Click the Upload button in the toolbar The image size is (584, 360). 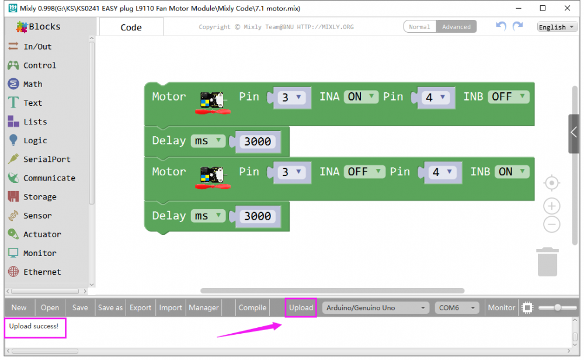pos(301,308)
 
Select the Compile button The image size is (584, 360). pos(252,308)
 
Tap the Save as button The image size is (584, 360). pos(110,308)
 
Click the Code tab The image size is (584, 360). pos(131,27)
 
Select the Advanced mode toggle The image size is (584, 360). pos(456,27)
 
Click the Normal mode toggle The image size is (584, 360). pos(419,27)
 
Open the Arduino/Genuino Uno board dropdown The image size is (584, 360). pos(376,308)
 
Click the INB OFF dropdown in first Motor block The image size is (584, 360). pos(509,97)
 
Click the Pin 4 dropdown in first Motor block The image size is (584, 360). pos(436,98)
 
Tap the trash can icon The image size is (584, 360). pos(548,262)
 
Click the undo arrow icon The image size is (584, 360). pos(501,26)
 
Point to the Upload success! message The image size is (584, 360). pos(34,326)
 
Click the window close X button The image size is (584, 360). pos(567,8)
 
